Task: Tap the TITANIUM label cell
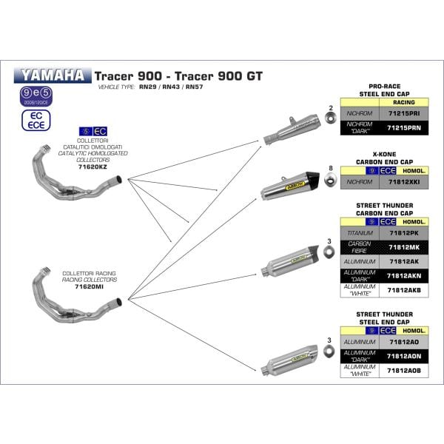(x=360, y=233)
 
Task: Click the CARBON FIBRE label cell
(x=360, y=246)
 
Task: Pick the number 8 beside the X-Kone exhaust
(x=330, y=169)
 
